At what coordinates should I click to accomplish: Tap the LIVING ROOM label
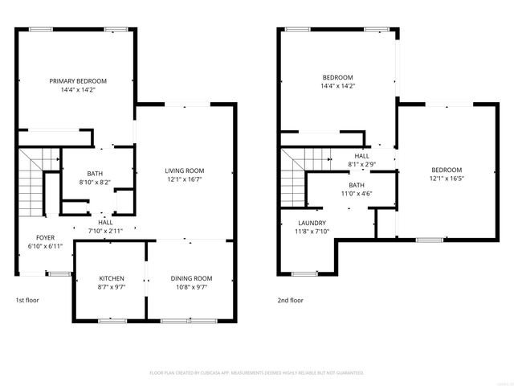coord(185,170)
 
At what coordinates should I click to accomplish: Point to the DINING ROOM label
coord(191,278)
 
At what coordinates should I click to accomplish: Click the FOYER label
coord(45,238)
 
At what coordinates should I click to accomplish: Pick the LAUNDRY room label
coord(311,224)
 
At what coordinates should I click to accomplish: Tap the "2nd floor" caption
coord(291,300)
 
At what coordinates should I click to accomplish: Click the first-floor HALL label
coord(105,223)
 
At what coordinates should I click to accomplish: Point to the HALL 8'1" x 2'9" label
coord(362,160)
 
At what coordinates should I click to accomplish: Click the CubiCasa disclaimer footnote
coord(257,373)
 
